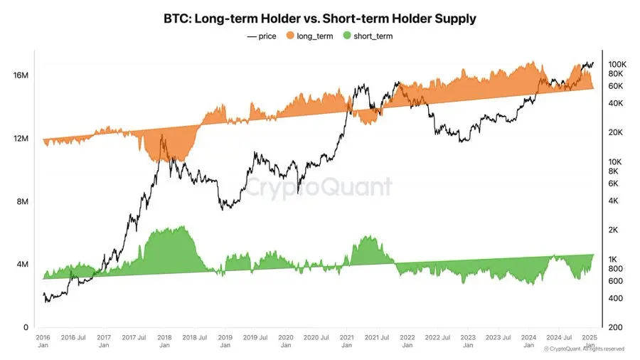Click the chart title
(x=319, y=18)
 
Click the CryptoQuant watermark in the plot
(x=319, y=187)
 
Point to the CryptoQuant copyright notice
(x=584, y=349)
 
